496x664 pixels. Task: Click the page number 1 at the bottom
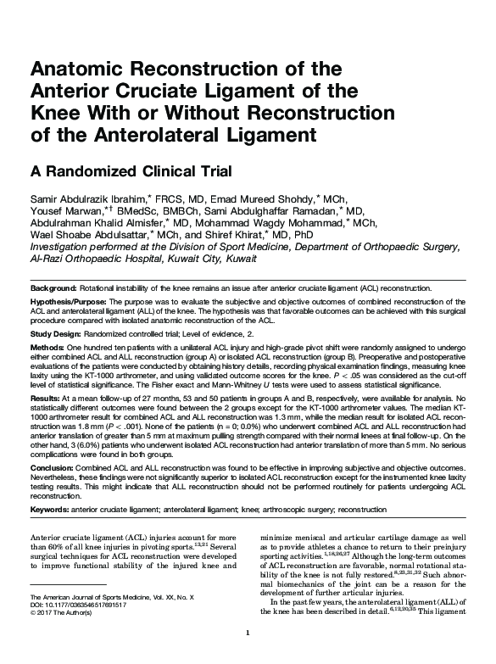click(247, 655)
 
